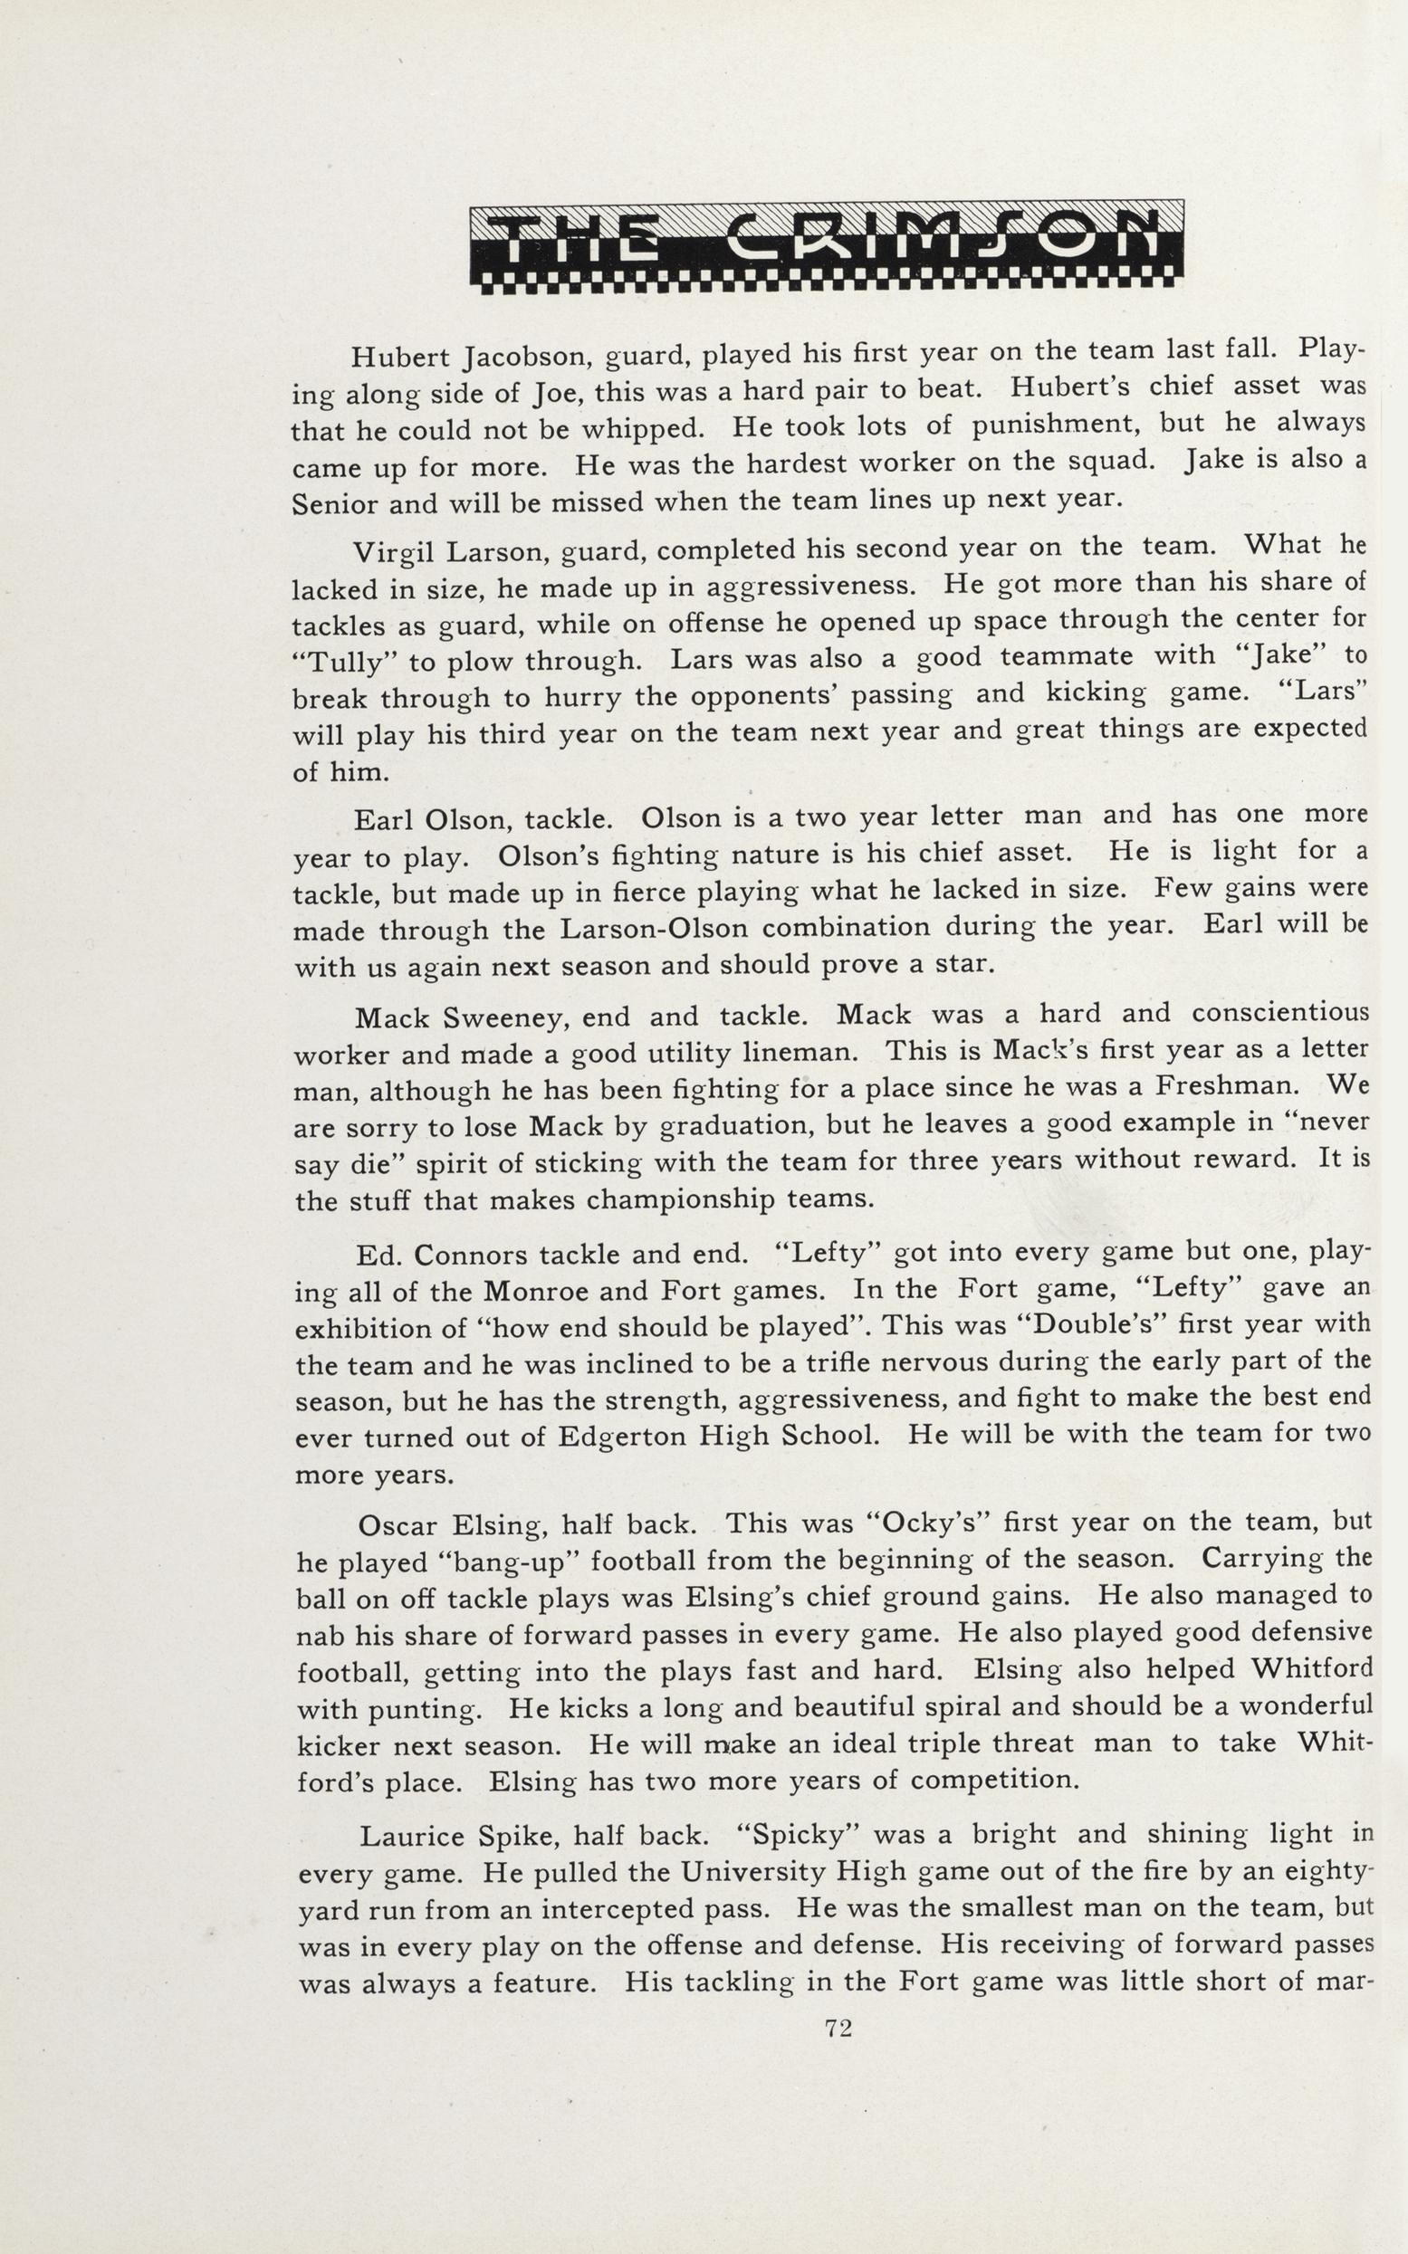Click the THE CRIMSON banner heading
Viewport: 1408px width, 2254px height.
826,244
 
